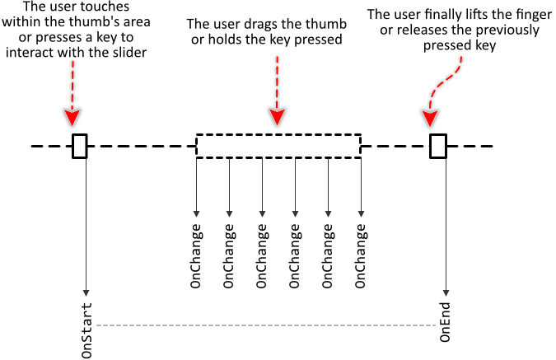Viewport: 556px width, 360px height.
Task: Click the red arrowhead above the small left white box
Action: (x=72, y=117)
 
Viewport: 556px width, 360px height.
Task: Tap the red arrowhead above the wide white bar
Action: (x=277, y=116)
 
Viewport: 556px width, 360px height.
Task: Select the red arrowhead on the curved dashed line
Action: (x=430, y=118)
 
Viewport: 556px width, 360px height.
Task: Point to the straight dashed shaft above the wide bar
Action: (x=277, y=82)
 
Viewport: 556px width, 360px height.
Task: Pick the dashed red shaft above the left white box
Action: (x=72, y=84)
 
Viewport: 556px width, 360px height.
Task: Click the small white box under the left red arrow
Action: (x=80, y=146)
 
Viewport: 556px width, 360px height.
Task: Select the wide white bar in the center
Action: (x=278, y=146)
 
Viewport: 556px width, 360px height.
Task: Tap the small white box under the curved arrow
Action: (x=438, y=146)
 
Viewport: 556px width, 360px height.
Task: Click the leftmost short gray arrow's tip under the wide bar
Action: (x=196, y=214)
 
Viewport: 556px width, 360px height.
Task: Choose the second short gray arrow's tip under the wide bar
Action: (x=229, y=214)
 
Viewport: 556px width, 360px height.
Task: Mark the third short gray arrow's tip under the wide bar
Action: (x=262, y=214)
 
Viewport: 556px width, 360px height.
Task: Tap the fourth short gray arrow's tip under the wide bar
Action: (x=295, y=214)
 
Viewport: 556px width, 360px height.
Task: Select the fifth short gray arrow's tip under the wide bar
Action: (x=328, y=214)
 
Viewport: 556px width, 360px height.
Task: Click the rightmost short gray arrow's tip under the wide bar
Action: (x=361, y=214)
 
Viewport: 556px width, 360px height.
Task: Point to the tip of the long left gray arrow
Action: (x=86, y=293)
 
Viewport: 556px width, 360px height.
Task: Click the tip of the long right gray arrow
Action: (x=446, y=293)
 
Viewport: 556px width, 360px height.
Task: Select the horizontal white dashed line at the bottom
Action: (x=265, y=325)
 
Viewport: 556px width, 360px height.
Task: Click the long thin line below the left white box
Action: (x=86, y=222)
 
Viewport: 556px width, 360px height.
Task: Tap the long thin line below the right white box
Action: (x=446, y=222)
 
